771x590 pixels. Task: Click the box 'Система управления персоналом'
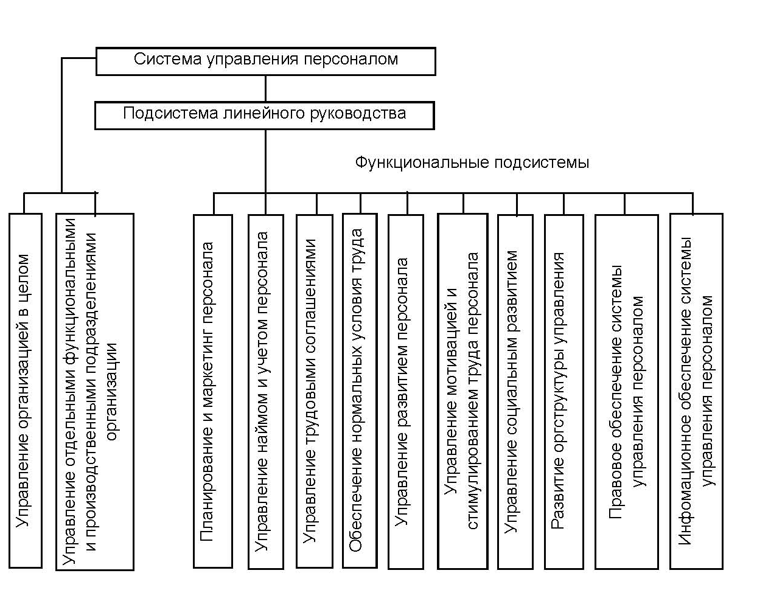pyautogui.click(x=266, y=61)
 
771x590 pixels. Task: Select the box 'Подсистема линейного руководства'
pyautogui.click(x=265, y=116)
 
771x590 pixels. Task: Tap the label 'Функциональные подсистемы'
pyautogui.click(x=472, y=163)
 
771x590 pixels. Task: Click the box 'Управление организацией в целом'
pyautogui.click(x=26, y=390)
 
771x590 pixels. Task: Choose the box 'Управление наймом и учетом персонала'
pyautogui.click(x=266, y=392)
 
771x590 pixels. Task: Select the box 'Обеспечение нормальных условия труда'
pyautogui.click(x=360, y=390)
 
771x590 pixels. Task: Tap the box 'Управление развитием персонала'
pyautogui.click(x=406, y=392)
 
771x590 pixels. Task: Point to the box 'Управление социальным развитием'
pyautogui.click(x=515, y=392)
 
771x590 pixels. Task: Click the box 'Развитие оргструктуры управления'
pyautogui.click(x=563, y=392)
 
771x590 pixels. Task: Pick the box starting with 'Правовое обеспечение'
pyautogui.click(x=627, y=392)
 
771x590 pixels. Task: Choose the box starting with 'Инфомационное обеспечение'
pyautogui.click(x=696, y=391)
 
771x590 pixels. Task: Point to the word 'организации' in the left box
pyautogui.click(x=111, y=392)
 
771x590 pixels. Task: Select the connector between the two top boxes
pyautogui.click(x=265, y=89)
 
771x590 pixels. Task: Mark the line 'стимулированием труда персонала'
pyautogui.click(x=472, y=390)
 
